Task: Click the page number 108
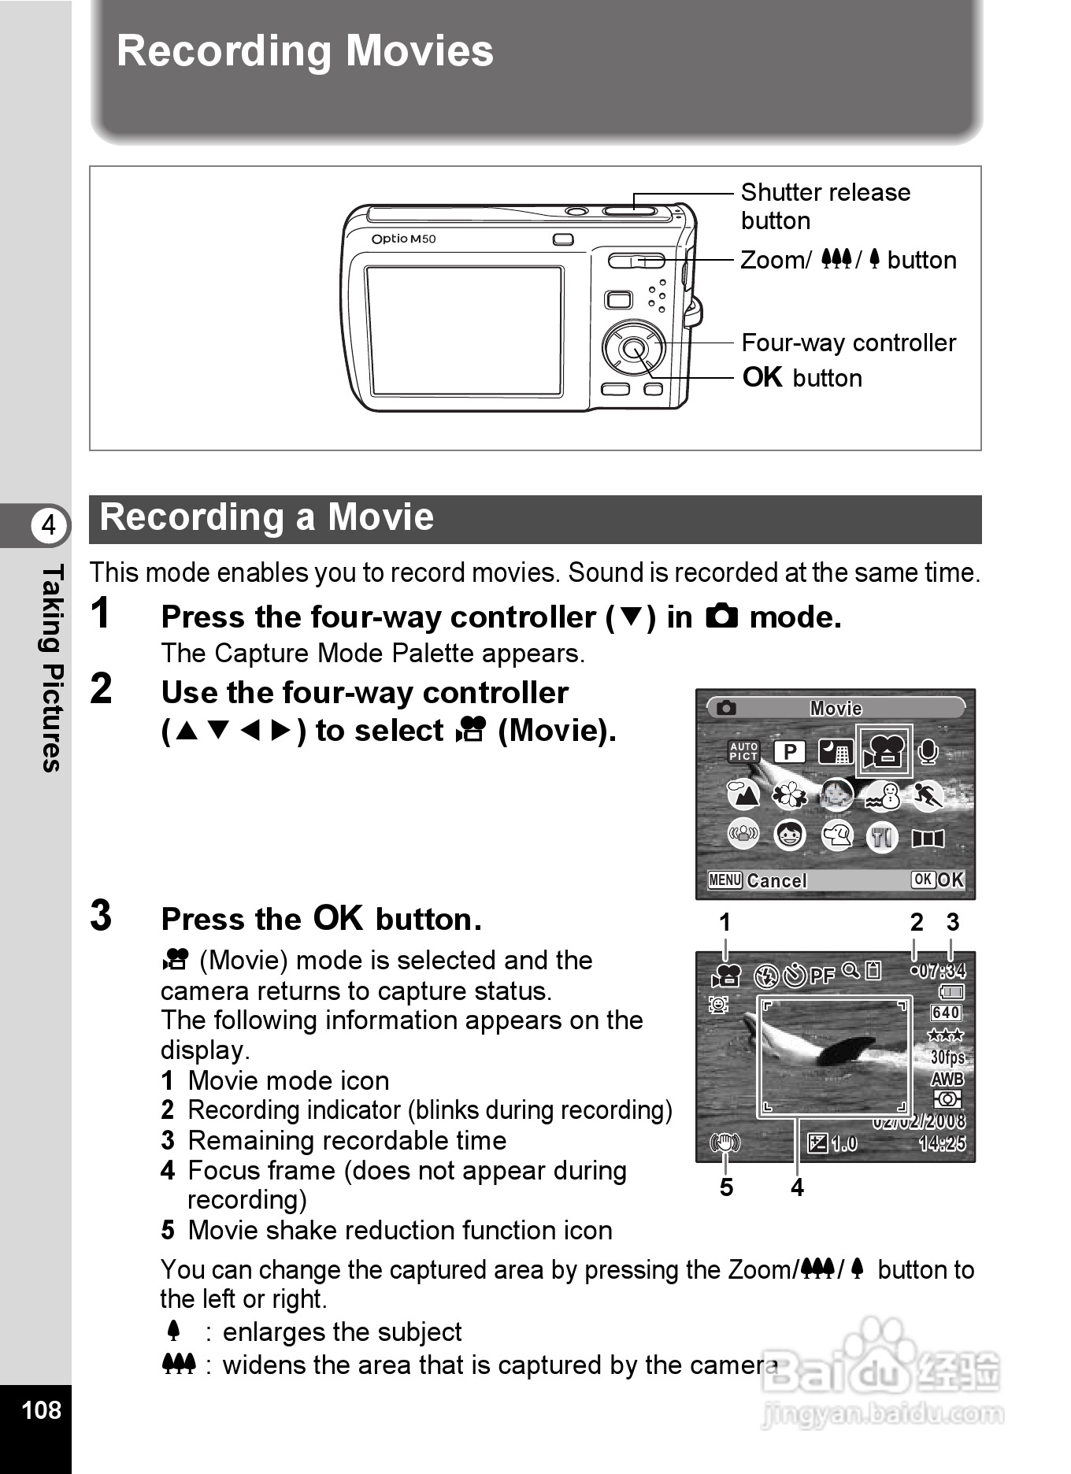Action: coord(41,1409)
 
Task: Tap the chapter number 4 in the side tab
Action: coord(49,524)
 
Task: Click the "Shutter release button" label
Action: coord(825,206)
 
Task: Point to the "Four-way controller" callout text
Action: coord(848,343)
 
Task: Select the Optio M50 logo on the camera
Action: coord(403,239)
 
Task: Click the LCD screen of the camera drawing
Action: coord(464,331)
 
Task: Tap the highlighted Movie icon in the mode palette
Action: coord(884,751)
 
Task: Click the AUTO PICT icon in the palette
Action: coord(743,751)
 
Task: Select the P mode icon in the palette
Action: coord(789,751)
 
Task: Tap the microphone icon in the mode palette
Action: coord(928,751)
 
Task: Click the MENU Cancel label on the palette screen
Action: coord(757,880)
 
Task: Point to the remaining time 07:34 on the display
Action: coord(943,970)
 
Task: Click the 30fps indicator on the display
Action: coord(947,1057)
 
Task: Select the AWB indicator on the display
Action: coord(947,1079)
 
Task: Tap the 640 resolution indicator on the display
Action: coord(946,1013)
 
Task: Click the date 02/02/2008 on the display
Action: coord(919,1121)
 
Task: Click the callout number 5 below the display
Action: coord(726,1187)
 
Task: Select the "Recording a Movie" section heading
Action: coord(267,518)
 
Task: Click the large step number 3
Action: coord(101,916)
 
